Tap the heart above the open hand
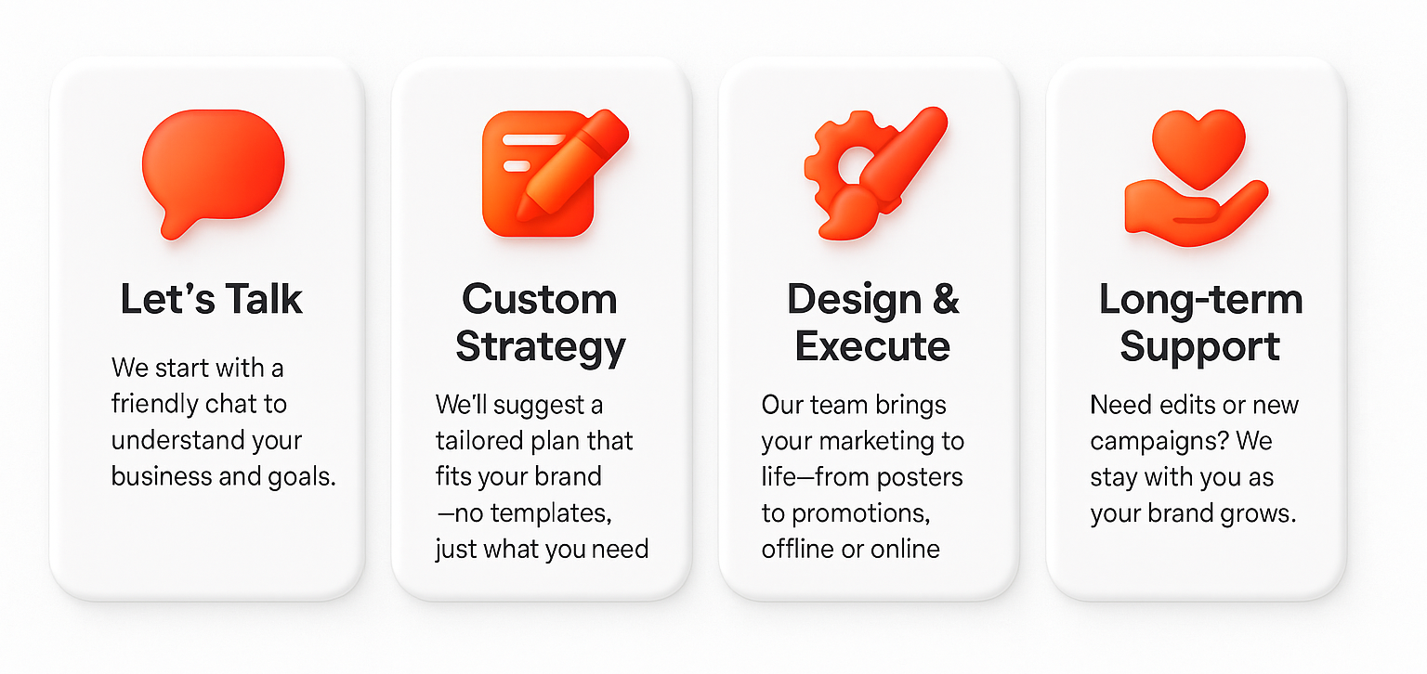click(x=1198, y=148)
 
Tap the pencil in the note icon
click(x=572, y=164)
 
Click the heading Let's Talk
click(x=211, y=299)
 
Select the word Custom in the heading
click(x=540, y=299)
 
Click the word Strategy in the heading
click(x=540, y=347)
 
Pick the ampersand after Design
click(x=946, y=299)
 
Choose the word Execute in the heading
click(x=872, y=346)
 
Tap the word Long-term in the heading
click(x=1201, y=299)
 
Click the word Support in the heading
click(x=1199, y=347)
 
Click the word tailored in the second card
click(x=478, y=440)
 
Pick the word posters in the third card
click(x=919, y=477)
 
